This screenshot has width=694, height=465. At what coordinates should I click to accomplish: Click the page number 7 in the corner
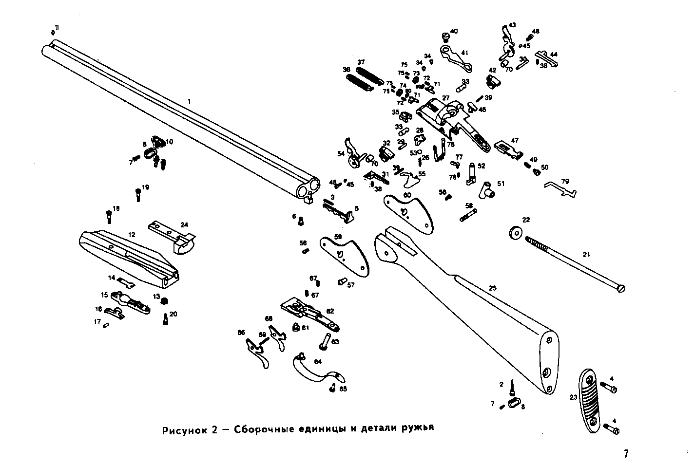click(x=626, y=453)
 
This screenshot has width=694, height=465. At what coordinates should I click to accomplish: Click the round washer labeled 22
click(x=515, y=233)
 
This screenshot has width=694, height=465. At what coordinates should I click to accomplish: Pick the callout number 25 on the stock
click(x=493, y=289)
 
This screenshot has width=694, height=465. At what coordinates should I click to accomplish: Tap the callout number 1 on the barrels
click(x=190, y=101)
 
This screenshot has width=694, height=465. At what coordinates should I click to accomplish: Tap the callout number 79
click(x=565, y=182)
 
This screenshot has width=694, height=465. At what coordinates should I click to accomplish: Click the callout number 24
click(x=184, y=225)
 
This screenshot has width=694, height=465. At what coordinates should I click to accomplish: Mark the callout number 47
click(x=515, y=140)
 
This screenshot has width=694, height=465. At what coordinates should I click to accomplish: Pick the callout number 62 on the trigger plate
click(x=330, y=311)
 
